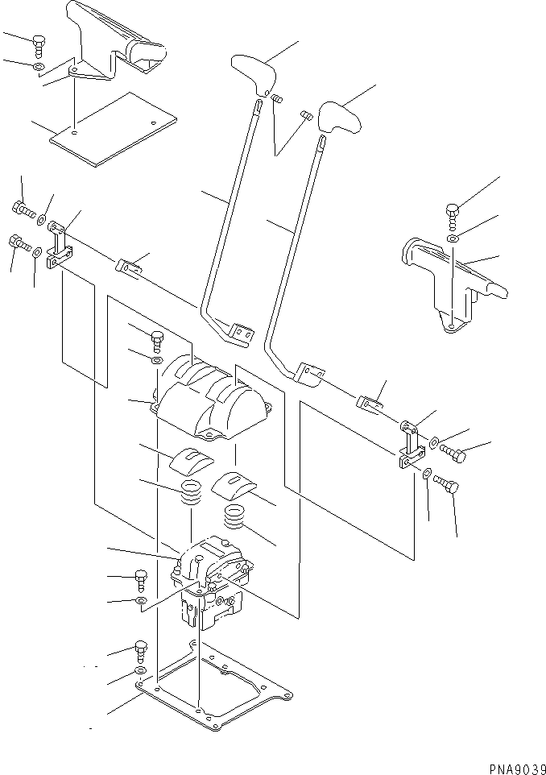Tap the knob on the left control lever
(254, 72)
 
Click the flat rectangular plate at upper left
(113, 129)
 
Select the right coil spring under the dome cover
(237, 516)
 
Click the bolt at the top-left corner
(39, 44)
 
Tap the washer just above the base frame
(139, 671)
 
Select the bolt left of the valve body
(140, 577)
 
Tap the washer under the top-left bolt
(39, 65)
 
